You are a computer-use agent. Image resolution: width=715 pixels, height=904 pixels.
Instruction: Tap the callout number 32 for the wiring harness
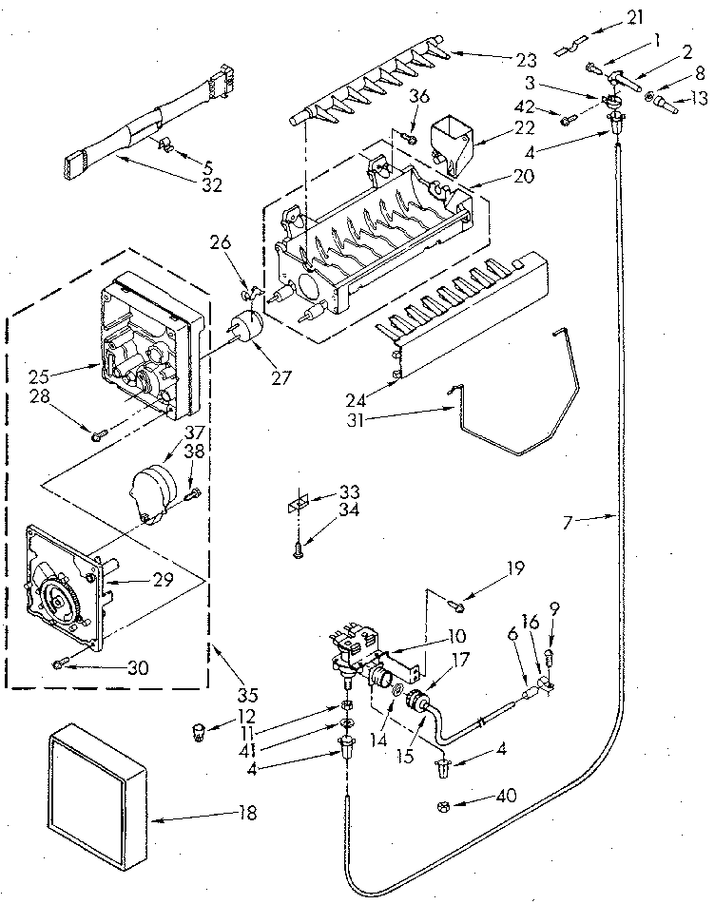point(212,184)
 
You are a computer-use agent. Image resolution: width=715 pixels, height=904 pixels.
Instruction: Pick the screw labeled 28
point(99,435)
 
